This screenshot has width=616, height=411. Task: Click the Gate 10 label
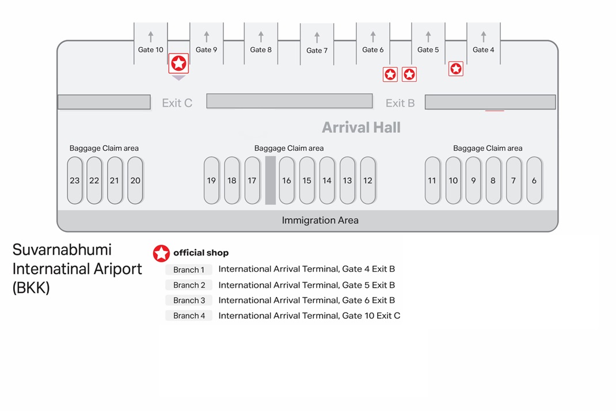click(150, 50)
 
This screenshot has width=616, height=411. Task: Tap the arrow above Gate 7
click(317, 37)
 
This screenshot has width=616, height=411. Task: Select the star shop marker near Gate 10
click(178, 63)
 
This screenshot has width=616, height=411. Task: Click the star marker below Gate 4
click(456, 68)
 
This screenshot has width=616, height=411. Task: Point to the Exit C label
click(177, 103)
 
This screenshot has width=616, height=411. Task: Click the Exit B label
click(400, 103)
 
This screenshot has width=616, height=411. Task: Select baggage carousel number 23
click(75, 180)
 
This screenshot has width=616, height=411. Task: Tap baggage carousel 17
click(252, 180)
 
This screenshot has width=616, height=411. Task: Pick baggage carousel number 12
click(368, 180)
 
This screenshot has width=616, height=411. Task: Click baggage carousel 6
click(534, 180)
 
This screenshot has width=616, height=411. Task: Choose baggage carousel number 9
click(473, 180)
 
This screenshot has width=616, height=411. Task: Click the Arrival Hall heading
click(361, 127)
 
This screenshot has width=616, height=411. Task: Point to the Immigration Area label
click(320, 220)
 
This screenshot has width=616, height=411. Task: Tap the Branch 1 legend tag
click(189, 269)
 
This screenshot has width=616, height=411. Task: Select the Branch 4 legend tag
click(189, 315)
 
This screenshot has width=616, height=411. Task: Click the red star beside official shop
click(161, 253)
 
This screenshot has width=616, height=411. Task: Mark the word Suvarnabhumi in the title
click(62, 250)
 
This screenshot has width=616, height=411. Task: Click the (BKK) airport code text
click(31, 288)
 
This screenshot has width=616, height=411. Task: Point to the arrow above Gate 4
click(484, 36)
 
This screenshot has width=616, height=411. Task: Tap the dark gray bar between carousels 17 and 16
click(270, 180)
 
